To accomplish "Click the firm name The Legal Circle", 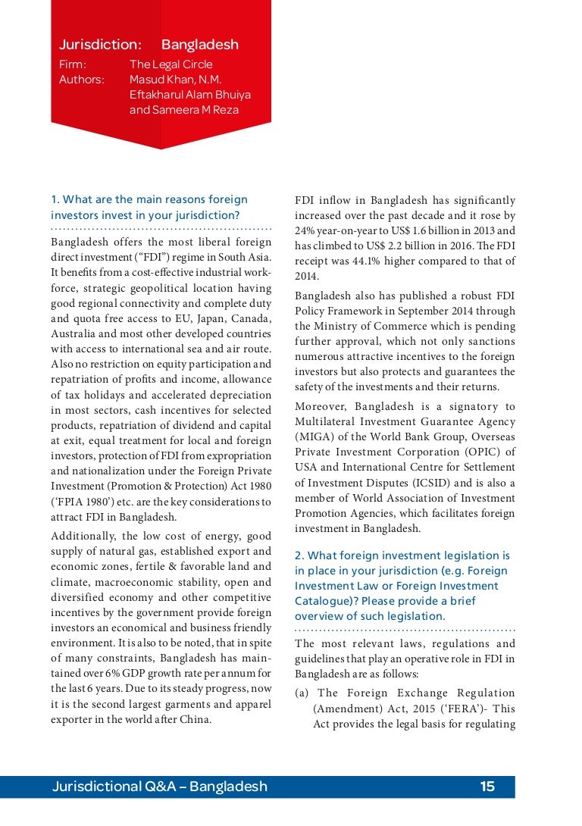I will pos(171,64).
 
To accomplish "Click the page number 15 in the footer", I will pos(487,787).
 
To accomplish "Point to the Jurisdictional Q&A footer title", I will pos(160,787).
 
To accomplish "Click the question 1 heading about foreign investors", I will pos(149,207).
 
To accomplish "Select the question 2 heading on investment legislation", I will pos(402,586).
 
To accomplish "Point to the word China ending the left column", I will pos(193,719).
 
